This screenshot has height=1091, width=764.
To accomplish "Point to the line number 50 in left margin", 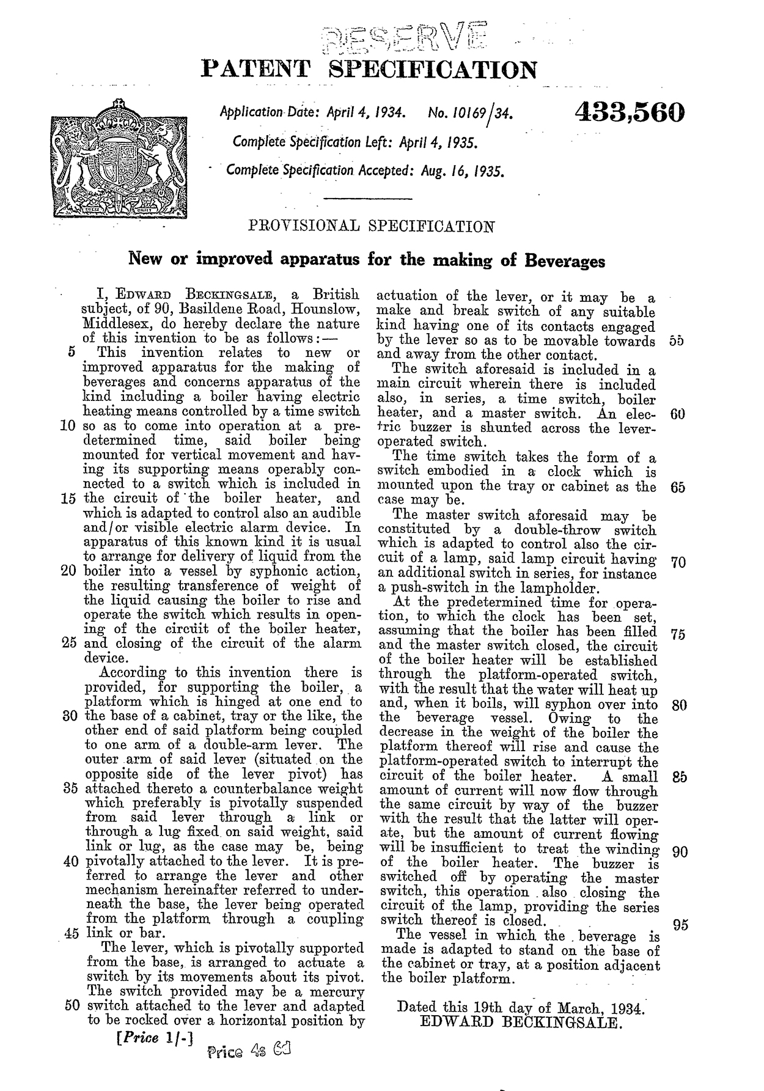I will click(x=72, y=1005).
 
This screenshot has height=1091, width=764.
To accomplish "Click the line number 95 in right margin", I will click(x=680, y=925).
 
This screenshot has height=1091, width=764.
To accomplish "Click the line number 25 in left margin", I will click(x=72, y=643).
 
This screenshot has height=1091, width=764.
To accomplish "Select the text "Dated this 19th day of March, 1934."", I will click(x=521, y=1006).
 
